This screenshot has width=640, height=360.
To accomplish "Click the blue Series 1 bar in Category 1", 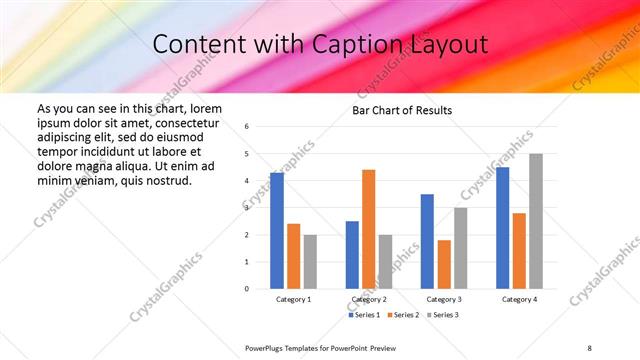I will (x=277, y=231).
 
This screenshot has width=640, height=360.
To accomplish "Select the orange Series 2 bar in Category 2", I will (x=368, y=229).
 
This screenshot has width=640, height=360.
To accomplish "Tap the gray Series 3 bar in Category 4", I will (x=536, y=221).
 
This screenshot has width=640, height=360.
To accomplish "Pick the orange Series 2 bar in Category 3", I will (x=444, y=264).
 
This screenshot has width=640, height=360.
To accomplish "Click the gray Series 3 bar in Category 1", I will (x=310, y=262).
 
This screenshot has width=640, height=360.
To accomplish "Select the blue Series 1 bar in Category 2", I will (x=352, y=255).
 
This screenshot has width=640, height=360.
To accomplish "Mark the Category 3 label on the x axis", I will (x=443, y=300).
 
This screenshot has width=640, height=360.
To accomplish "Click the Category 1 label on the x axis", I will (x=293, y=300).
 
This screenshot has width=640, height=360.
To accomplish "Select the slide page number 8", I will (x=589, y=346).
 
